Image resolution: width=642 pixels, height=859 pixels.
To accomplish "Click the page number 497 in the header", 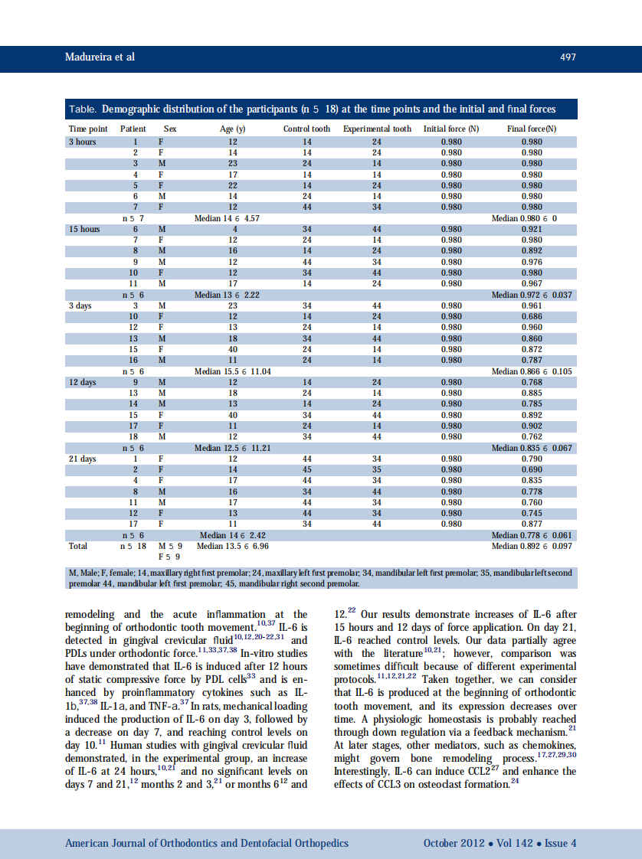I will [x=567, y=57].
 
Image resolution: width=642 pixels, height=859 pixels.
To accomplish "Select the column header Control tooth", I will [x=306, y=129].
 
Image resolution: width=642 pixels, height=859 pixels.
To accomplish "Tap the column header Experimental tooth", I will [x=377, y=129].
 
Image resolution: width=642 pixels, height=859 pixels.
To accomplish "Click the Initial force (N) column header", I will [x=451, y=129].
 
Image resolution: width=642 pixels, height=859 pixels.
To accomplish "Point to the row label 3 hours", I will [x=82, y=142].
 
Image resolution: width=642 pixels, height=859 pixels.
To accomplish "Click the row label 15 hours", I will [x=84, y=229].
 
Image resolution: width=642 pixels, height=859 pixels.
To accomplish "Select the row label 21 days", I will [x=83, y=459].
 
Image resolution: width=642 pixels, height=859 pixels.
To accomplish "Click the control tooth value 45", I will [x=306, y=469].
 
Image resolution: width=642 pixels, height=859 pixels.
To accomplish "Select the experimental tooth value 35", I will [x=377, y=469].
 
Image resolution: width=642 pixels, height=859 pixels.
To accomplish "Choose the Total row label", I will [x=78, y=546].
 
